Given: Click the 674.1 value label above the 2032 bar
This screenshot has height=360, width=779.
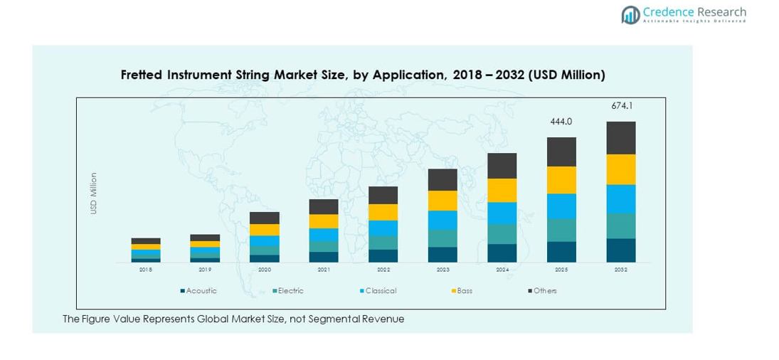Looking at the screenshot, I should click(621, 106).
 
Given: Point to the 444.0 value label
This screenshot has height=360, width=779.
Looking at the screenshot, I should click(561, 122).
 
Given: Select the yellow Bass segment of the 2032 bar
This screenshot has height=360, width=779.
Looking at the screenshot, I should click(621, 169).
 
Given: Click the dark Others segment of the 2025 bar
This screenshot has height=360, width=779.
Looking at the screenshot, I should click(561, 152).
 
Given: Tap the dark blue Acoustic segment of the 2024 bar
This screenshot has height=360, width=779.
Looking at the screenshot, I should click(502, 253).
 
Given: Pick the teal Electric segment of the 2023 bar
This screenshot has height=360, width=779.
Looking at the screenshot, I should click(443, 238).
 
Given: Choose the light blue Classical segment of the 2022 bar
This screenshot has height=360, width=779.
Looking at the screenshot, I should click(383, 228).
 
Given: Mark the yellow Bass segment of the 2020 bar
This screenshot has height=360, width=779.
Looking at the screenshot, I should click(264, 230).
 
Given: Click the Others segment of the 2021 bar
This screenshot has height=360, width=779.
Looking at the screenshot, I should click(324, 206).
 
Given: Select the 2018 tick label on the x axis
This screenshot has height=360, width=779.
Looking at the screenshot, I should click(145, 270).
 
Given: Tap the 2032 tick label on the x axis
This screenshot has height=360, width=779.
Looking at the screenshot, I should click(621, 270).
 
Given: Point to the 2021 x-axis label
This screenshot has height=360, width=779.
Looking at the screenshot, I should click(324, 270).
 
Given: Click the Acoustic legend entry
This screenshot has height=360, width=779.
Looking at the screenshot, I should click(201, 291).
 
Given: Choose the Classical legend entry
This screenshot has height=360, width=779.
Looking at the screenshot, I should click(380, 291).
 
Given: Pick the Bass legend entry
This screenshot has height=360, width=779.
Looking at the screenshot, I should click(464, 291).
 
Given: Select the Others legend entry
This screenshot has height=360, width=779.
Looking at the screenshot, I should click(544, 291).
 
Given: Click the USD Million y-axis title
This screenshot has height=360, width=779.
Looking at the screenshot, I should click(93, 193).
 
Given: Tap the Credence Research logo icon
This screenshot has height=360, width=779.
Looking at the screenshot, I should click(630, 15).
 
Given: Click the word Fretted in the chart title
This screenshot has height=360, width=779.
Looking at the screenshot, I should click(142, 75).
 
